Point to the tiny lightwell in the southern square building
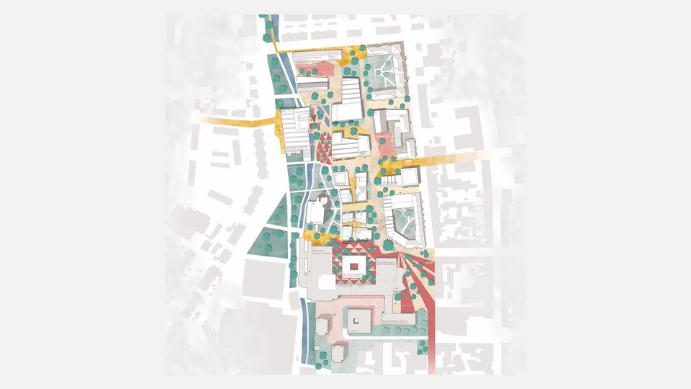tap(358, 318)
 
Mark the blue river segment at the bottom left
tap(312, 339)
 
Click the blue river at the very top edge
tap(272, 22)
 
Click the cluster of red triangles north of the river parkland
tap(322, 144)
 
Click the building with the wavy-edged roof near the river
tap(317, 210)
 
